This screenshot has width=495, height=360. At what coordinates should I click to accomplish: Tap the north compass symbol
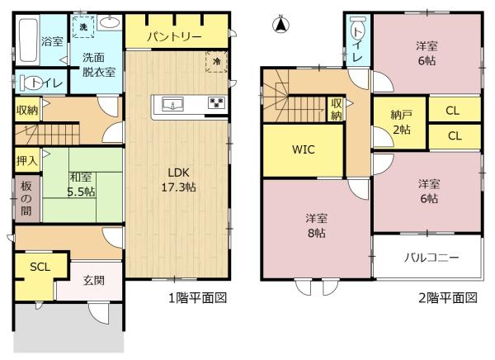280,24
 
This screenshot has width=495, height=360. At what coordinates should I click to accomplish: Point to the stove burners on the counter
215,103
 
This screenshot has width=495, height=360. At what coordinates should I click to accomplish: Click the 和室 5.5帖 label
81,182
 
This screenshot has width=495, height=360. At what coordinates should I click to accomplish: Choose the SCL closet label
39,268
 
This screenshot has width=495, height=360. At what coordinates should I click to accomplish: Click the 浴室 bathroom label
53,40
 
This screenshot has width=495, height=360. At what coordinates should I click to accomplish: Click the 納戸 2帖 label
400,123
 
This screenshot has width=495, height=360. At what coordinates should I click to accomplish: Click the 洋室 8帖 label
317,225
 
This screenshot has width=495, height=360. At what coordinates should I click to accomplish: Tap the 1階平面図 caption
199,297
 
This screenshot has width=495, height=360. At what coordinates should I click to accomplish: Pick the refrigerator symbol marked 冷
215,60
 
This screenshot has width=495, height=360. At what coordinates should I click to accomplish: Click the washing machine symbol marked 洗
82,26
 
